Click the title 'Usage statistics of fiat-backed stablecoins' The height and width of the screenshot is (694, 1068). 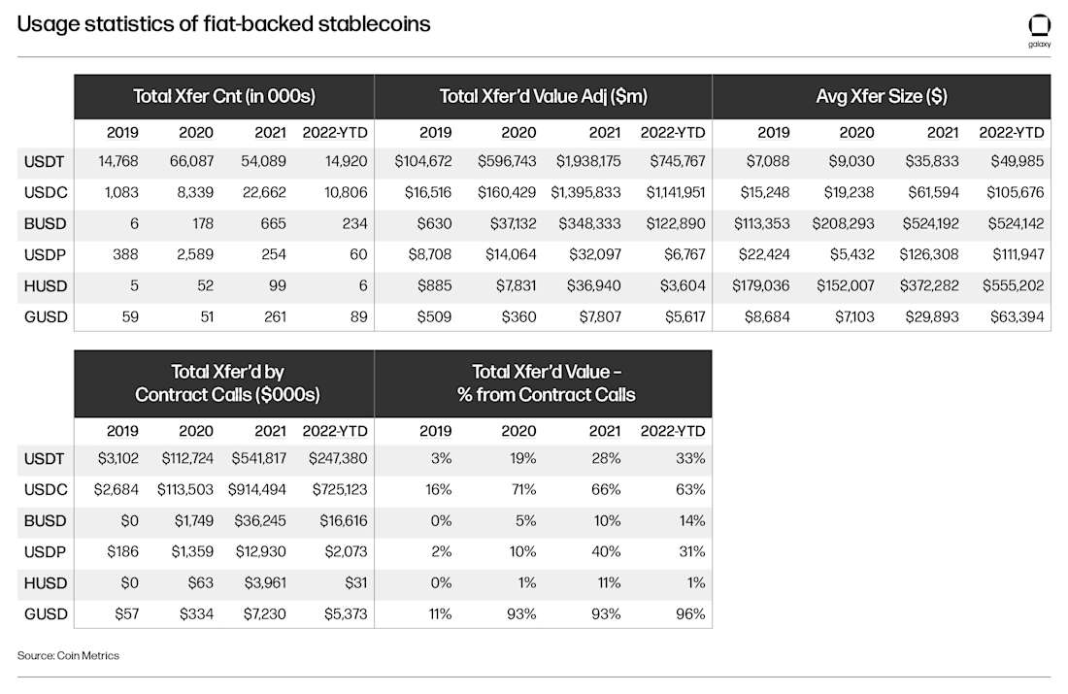[223, 24]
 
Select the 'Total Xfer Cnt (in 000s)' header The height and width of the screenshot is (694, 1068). [224, 96]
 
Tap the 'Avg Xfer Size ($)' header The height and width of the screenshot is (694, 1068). [882, 96]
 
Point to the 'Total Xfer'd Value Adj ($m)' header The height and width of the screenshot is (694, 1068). [543, 96]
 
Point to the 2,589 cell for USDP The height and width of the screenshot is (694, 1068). [195, 254]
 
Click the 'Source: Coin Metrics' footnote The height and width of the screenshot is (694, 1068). [68, 656]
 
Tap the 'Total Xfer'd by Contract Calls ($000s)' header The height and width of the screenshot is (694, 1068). [224, 383]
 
